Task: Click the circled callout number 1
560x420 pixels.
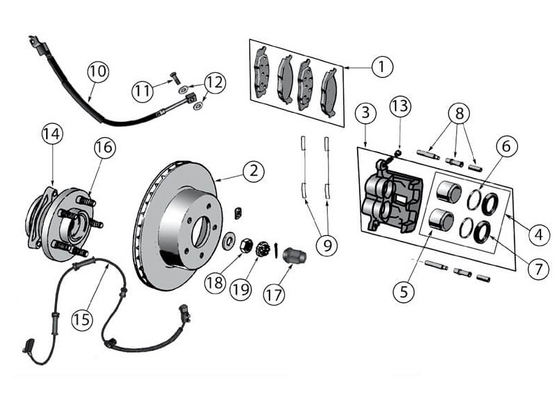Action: point(381,66)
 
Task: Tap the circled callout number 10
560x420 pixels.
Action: point(98,71)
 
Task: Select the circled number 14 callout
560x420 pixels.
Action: point(52,134)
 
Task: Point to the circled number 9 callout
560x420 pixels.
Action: point(327,245)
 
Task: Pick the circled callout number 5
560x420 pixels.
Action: point(404,292)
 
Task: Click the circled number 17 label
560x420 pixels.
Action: point(274,295)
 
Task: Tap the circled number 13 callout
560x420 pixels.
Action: point(400,106)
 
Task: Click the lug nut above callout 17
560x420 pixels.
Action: point(295,255)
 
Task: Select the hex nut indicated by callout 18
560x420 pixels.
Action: point(246,245)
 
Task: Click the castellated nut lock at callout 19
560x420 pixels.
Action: point(262,248)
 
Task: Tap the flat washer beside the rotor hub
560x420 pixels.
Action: point(229,240)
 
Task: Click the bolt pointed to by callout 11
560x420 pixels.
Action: point(176,77)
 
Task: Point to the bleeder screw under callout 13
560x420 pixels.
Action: point(398,153)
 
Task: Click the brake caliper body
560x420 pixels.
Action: point(392,198)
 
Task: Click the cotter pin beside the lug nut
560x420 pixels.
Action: point(276,250)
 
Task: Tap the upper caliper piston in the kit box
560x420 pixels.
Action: point(449,191)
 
